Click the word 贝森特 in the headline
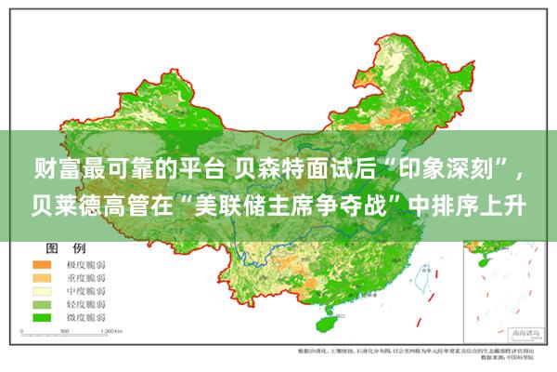click(x=266, y=169)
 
